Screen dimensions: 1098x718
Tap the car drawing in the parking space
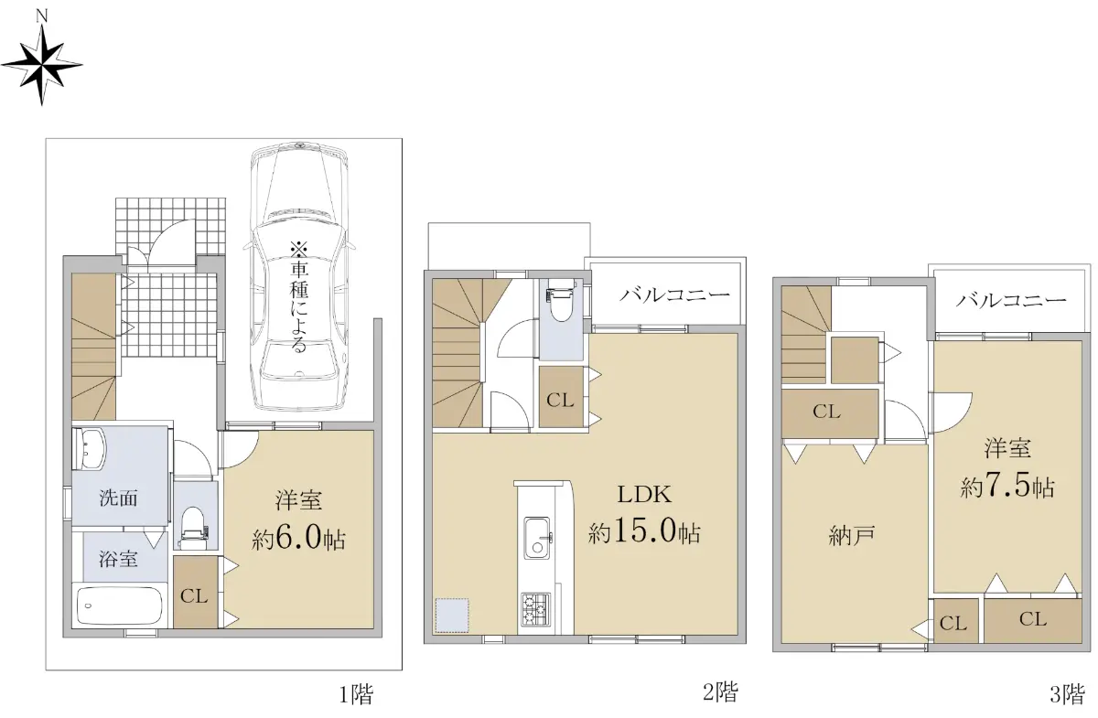(x=299, y=277)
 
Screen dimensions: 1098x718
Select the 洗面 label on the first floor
(x=118, y=498)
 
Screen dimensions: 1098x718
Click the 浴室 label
(x=118, y=559)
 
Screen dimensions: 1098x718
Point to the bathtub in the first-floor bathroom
(x=120, y=605)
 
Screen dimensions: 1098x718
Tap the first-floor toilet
(x=195, y=526)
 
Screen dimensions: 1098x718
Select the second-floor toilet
(x=561, y=304)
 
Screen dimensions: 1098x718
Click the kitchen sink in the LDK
(x=538, y=538)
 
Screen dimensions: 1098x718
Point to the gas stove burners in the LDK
(x=535, y=609)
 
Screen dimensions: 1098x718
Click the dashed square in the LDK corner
(x=452, y=615)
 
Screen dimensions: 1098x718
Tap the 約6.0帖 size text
(x=298, y=539)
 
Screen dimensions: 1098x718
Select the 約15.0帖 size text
(x=644, y=530)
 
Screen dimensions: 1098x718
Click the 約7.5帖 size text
(x=1007, y=487)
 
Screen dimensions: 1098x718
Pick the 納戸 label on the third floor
(x=852, y=536)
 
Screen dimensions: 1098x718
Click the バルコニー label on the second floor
(x=675, y=295)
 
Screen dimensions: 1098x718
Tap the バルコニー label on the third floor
(x=1011, y=299)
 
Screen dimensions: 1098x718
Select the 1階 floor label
(x=357, y=694)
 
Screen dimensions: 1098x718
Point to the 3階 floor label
(x=1067, y=694)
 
